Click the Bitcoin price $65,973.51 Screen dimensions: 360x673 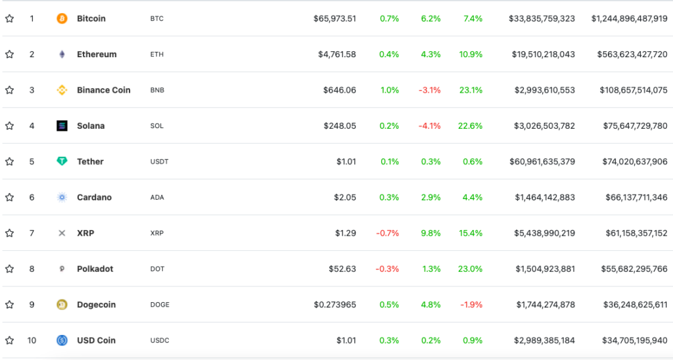(335, 18)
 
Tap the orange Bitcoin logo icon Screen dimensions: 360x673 (62, 18)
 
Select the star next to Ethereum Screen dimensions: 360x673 (9, 55)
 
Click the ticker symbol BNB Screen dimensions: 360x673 (157, 90)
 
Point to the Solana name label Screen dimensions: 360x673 (91, 125)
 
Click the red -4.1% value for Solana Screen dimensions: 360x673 (430, 125)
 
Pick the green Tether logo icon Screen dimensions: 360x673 (62, 162)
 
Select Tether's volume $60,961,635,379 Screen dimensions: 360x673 (542, 162)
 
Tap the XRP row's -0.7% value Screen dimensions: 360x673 (387, 233)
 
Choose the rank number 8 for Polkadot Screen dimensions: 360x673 (32, 269)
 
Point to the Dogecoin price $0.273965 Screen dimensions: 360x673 (335, 305)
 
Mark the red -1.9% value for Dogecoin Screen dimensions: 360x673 (472, 305)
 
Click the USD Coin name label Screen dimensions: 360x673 (96, 340)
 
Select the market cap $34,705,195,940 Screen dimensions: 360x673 (634, 340)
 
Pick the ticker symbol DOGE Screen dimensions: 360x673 (160, 305)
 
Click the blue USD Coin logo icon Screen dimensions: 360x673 (62, 340)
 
